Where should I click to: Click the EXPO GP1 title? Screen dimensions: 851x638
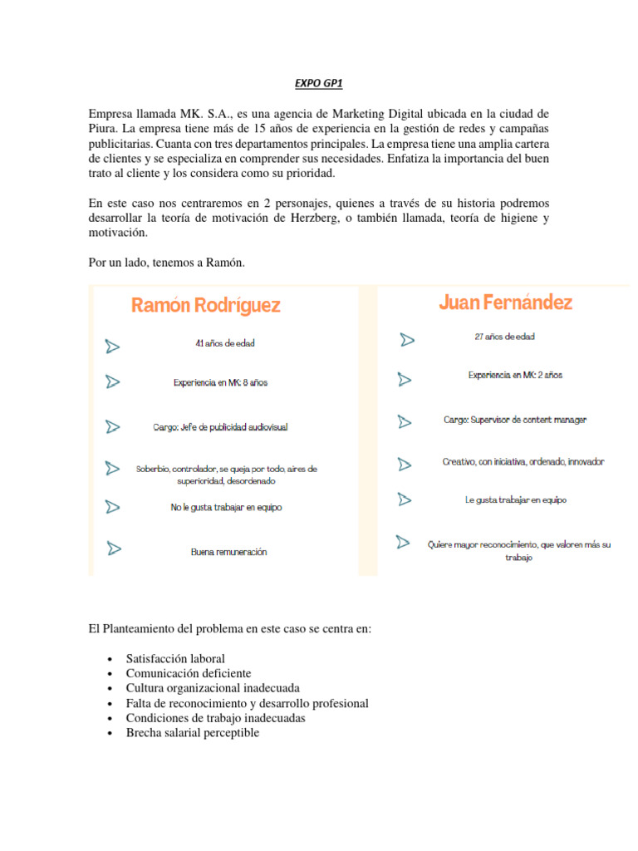coord(318,84)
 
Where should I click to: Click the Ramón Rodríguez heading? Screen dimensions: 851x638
coord(206,306)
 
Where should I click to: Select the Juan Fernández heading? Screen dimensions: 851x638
coord(505,303)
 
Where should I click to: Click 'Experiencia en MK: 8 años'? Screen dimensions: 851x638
coord(220,383)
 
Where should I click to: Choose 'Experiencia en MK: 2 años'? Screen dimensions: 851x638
coord(515,376)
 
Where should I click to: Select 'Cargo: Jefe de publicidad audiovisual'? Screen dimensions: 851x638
coord(220,427)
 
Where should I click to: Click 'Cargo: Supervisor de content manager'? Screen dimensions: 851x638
coord(515,421)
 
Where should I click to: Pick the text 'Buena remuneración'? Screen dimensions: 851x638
coord(228,552)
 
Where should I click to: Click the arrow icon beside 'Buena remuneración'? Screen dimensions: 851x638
coord(113,548)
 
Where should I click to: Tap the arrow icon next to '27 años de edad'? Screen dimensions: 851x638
coord(406,340)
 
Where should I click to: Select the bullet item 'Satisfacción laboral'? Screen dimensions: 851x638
coord(175,659)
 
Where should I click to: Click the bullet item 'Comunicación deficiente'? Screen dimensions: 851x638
coord(189,673)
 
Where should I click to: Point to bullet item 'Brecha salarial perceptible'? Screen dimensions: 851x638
coord(193,733)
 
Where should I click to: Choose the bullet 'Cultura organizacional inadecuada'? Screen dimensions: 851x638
coord(213,688)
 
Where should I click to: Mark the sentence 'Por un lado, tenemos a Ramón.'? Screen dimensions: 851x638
coord(166,263)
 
